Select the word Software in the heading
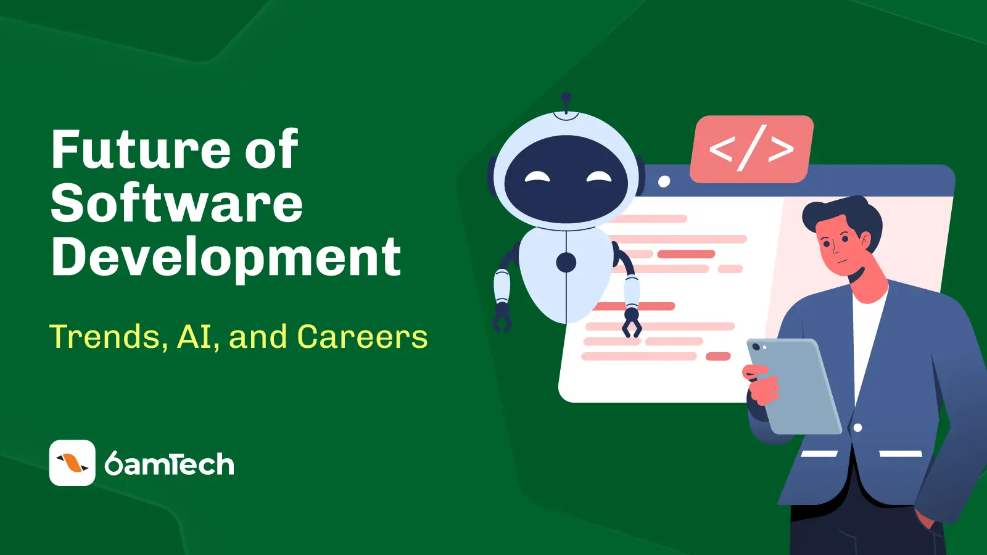coord(177,203)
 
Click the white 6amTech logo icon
coord(72,462)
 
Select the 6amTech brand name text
coord(169,464)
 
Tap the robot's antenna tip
coord(566,97)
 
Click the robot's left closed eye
coord(537,177)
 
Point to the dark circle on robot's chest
coord(566,263)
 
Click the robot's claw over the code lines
coord(632,323)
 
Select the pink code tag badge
coord(752,149)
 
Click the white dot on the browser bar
coord(664,181)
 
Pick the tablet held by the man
coord(794,386)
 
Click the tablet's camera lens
coord(756,347)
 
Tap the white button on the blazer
coord(857,427)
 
